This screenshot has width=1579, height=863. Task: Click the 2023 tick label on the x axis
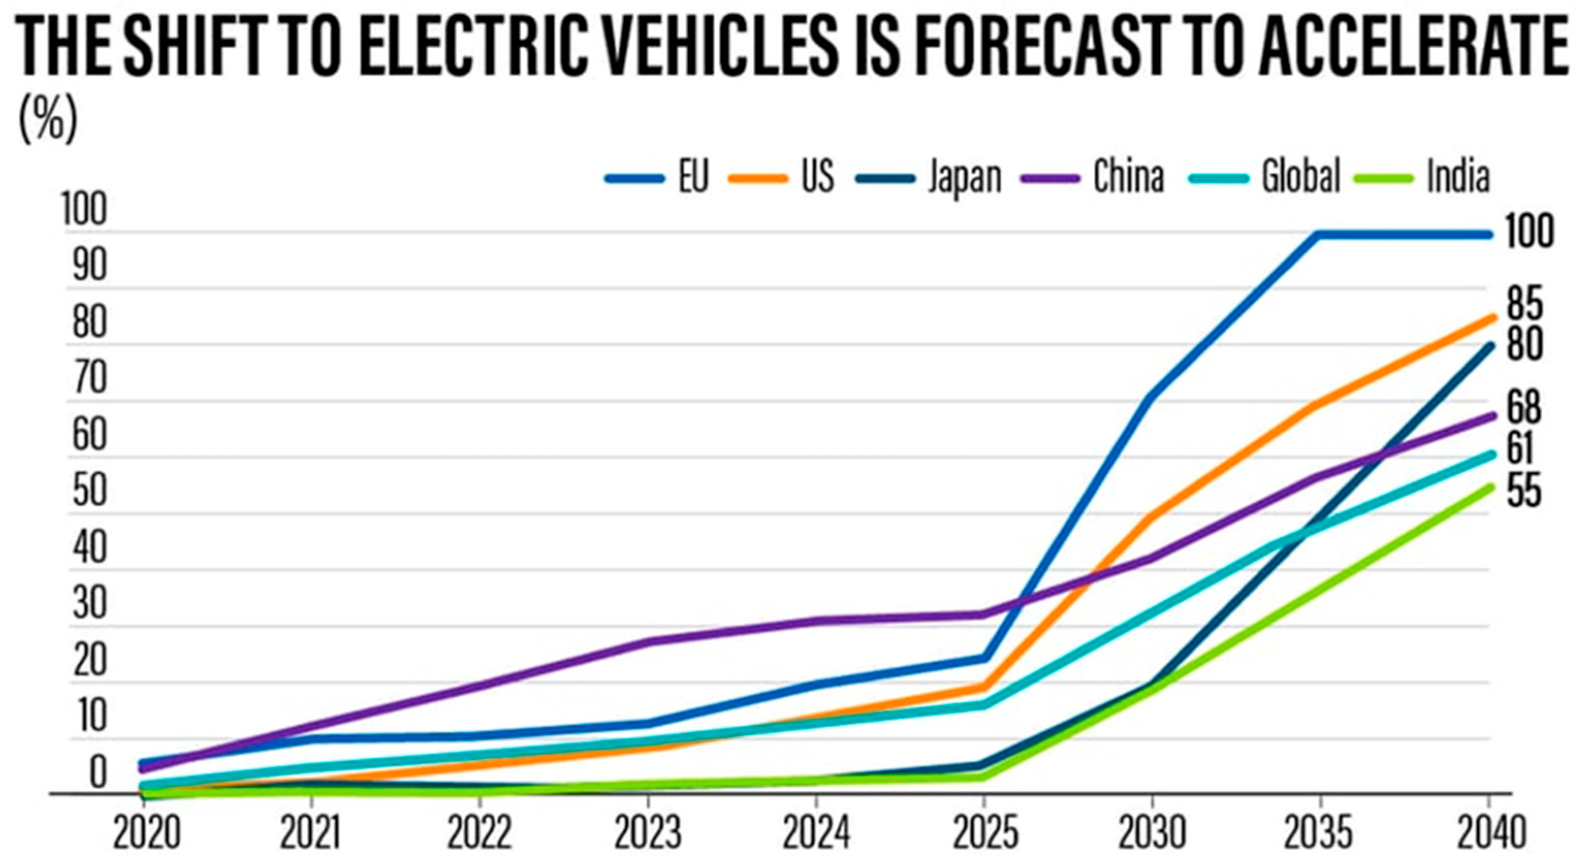tap(648, 834)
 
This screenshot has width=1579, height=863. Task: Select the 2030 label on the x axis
tap(1152, 834)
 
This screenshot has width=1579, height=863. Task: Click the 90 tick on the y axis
tap(89, 266)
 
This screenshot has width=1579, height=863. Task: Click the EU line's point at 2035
tap(1319, 234)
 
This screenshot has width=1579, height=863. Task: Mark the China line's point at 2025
tap(984, 614)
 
